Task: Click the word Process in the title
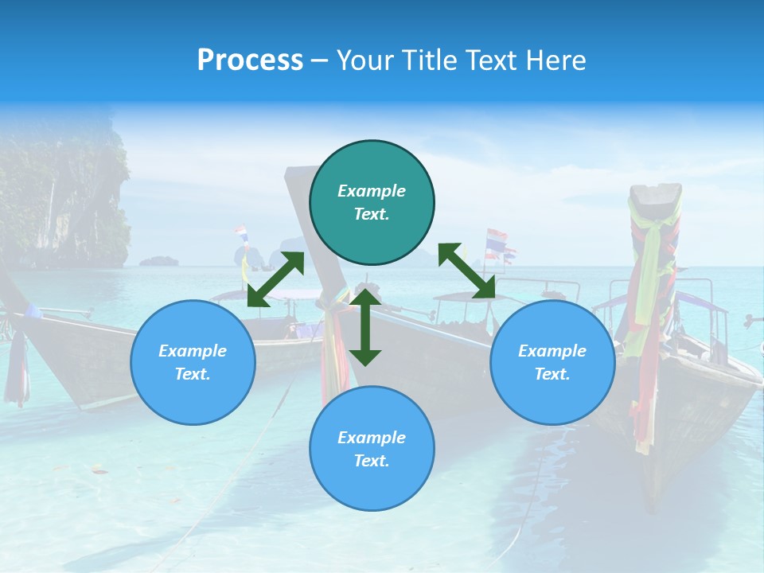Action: pyautogui.click(x=250, y=60)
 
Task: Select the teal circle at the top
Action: pyautogui.click(x=372, y=203)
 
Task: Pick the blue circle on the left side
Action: pyautogui.click(x=193, y=362)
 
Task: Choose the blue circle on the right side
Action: pyautogui.click(x=552, y=362)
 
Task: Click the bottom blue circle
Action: pyautogui.click(x=372, y=448)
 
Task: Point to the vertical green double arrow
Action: pyautogui.click(x=365, y=326)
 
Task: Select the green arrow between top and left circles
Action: pyautogui.click(x=275, y=279)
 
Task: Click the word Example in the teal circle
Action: pyautogui.click(x=372, y=191)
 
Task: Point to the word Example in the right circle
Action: pyautogui.click(x=552, y=351)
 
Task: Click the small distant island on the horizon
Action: pyautogui.click(x=159, y=260)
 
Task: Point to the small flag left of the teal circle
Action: pyautogui.click(x=241, y=234)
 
